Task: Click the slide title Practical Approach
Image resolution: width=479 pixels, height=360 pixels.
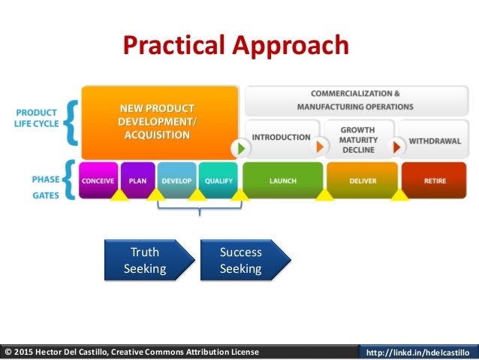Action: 236,46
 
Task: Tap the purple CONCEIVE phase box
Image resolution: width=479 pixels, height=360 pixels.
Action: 98,180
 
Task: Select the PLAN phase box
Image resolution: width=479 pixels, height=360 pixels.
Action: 137,180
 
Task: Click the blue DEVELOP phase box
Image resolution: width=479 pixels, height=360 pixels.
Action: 176,180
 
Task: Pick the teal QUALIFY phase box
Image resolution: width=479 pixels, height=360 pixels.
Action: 218,180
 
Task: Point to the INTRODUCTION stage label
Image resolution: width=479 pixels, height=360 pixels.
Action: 281,138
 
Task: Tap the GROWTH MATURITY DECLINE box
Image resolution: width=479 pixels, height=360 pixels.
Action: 357,139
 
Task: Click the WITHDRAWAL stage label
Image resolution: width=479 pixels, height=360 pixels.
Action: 434,140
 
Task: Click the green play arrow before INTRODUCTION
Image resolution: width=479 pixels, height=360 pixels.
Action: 240,147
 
